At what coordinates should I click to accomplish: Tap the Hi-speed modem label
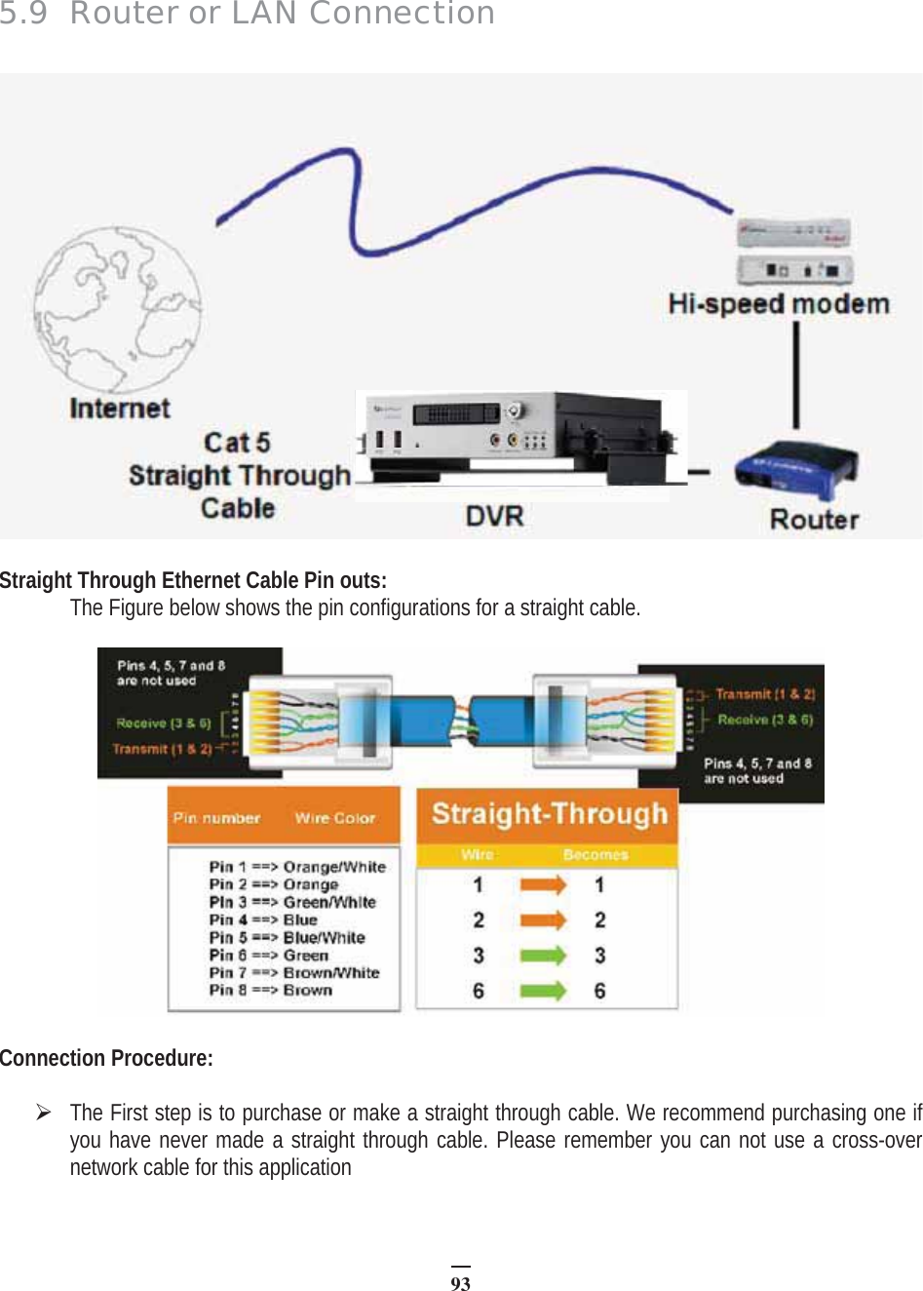[x=778, y=304]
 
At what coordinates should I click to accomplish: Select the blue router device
[x=795, y=471]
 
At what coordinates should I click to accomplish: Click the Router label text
[x=814, y=519]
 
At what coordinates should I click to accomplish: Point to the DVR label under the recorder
[x=494, y=516]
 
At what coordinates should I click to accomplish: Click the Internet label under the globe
[x=120, y=409]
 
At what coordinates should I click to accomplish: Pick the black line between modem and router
[x=796, y=374]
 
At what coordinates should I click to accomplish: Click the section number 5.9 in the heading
[x=23, y=14]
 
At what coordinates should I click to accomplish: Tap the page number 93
[x=460, y=1283]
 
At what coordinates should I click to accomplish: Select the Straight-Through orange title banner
[x=549, y=814]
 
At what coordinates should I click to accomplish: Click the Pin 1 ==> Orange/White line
[x=297, y=867]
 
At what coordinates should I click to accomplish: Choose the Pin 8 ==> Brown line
[x=271, y=990]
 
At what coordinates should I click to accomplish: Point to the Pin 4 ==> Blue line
[x=263, y=919]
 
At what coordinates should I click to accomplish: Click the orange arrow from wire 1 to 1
[x=542, y=885]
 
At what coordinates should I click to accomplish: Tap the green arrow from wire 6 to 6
[x=542, y=991]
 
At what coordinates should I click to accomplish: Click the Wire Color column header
[x=335, y=818]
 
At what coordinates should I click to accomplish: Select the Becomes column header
[x=596, y=855]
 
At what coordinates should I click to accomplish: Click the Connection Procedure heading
[x=106, y=1058]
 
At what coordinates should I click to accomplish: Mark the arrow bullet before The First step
[x=44, y=1112]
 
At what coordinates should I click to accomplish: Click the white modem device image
[x=794, y=251]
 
